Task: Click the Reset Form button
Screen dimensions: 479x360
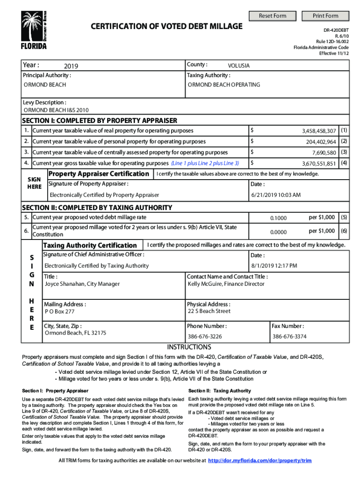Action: (x=273, y=16)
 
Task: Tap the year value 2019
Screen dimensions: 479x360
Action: (x=72, y=66)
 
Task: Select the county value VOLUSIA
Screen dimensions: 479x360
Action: (x=238, y=66)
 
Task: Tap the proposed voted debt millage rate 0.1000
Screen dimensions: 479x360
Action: (x=279, y=218)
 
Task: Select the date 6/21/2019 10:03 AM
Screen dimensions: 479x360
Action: (x=276, y=195)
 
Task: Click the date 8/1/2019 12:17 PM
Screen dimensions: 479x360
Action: (x=274, y=266)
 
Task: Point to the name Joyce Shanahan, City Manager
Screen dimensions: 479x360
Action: (x=82, y=284)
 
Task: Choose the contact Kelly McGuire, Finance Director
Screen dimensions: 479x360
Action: (x=226, y=284)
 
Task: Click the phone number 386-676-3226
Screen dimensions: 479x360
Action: (x=205, y=336)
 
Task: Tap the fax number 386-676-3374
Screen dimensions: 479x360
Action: (x=289, y=336)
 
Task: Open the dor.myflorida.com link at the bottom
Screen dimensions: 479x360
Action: (x=259, y=461)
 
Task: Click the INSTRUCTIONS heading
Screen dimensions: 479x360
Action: (x=189, y=347)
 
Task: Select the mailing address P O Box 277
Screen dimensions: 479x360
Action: (x=59, y=312)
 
